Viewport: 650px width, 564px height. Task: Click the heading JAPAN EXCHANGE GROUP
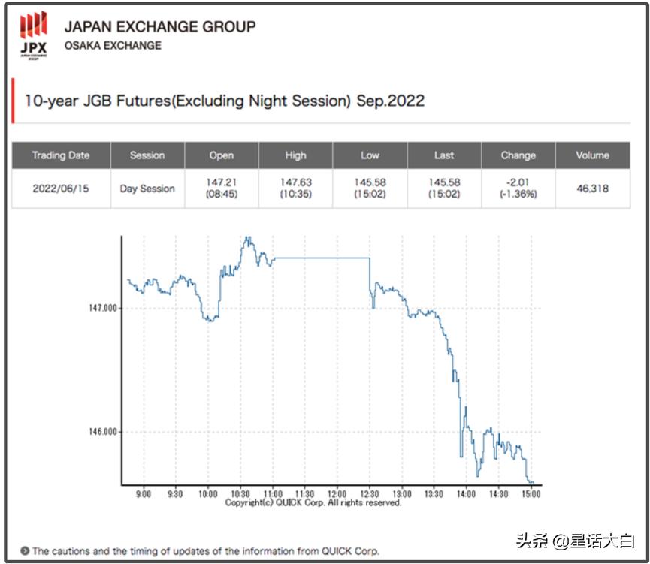pyautogui.click(x=159, y=26)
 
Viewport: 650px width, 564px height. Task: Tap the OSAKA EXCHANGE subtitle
pyautogui.click(x=112, y=45)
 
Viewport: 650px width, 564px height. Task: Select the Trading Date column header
pyautogui.click(x=61, y=155)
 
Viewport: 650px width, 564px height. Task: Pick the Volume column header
pyautogui.click(x=592, y=155)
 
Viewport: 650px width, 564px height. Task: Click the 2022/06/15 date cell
pyautogui.click(x=61, y=189)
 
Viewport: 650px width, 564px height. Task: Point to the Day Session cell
pyautogui.click(x=147, y=189)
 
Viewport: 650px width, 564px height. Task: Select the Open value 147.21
pyautogui.click(x=221, y=182)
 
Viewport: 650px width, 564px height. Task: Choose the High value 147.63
pyautogui.click(x=295, y=182)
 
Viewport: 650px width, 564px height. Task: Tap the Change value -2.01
pyautogui.click(x=518, y=182)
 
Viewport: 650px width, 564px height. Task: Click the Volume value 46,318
pyautogui.click(x=592, y=189)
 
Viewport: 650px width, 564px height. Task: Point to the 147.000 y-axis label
pyautogui.click(x=103, y=308)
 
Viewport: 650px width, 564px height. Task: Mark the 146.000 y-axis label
pyautogui.click(x=103, y=432)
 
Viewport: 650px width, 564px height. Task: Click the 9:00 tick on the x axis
pyautogui.click(x=144, y=493)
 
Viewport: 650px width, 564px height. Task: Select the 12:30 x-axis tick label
pyautogui.click(x=370, y=493)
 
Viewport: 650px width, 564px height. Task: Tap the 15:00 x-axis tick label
pyautogui.click(x=531, y=493)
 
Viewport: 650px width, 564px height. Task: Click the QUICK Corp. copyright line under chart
pyautogui.click(x=313, y=502)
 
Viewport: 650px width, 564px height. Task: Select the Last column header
pyautogui.click(x=444, y=155)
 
